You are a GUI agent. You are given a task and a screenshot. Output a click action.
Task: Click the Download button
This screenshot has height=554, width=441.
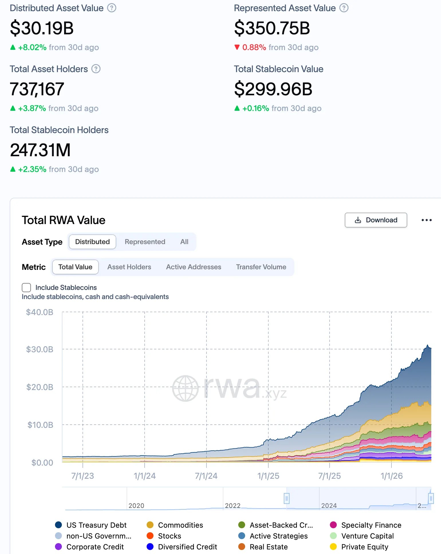point(376,220)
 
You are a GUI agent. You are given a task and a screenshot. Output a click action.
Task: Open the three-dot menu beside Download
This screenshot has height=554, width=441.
point(426,220)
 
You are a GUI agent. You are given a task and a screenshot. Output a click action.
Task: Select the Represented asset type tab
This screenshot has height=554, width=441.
point(145,242)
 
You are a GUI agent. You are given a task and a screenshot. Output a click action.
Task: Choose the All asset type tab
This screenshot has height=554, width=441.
point(184,242)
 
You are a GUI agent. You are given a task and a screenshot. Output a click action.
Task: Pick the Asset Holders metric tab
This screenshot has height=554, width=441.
point(129,267)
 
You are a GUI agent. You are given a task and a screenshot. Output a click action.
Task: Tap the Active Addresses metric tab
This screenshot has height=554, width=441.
point(194,267)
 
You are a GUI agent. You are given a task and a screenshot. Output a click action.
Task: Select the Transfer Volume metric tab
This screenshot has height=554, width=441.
point(261,267)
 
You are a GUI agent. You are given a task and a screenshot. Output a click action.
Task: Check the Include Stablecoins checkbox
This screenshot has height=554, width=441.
point(26,288)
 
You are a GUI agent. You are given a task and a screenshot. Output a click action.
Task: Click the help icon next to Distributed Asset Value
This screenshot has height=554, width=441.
point(112,8)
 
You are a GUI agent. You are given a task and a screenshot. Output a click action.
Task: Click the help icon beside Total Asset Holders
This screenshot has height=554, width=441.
point(96,69)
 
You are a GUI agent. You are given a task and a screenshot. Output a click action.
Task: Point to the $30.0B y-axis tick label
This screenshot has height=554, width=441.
point(40,349)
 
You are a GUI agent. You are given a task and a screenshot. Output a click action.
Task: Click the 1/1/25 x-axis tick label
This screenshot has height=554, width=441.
point(268,476)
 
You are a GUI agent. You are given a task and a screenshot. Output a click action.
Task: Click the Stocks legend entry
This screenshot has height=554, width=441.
point(169,536)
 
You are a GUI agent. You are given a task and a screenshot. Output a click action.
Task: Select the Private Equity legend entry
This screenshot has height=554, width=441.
point(365,547)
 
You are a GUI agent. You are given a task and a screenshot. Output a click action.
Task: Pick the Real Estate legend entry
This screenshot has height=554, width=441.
point(268,547)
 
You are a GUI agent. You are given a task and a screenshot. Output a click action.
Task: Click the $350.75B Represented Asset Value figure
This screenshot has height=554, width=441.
point(272,28)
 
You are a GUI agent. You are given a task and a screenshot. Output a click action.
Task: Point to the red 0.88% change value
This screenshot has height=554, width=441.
point(254,47)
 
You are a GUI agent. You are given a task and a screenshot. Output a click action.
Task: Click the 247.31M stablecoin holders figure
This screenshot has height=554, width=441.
point(40,150)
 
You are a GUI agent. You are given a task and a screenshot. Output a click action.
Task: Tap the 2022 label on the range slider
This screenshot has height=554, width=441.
point(233,506)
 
